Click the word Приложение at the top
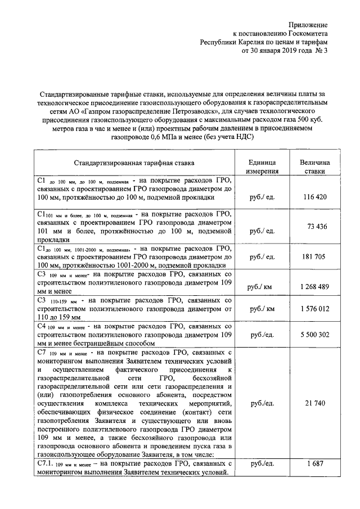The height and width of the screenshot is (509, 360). (307, 24)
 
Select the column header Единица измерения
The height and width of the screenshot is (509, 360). (263, 166)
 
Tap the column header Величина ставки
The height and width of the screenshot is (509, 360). (314, 166)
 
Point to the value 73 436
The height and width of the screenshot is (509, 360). (317, 226)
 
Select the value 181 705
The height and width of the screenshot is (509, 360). (314, 257)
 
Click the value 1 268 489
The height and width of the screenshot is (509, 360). (314, 287)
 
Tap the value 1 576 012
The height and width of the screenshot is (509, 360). (314, 309)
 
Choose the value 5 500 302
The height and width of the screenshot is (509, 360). (314, 334)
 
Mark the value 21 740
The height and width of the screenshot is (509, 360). (314, 404)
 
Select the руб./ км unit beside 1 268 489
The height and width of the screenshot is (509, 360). (262, 287)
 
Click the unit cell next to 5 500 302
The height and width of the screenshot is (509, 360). (262, 334)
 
